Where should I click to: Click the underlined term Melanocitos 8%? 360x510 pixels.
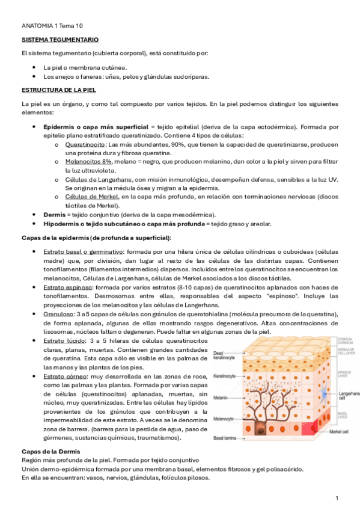coord(88,162)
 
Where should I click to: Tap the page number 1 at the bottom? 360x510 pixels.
coord(337,499)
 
